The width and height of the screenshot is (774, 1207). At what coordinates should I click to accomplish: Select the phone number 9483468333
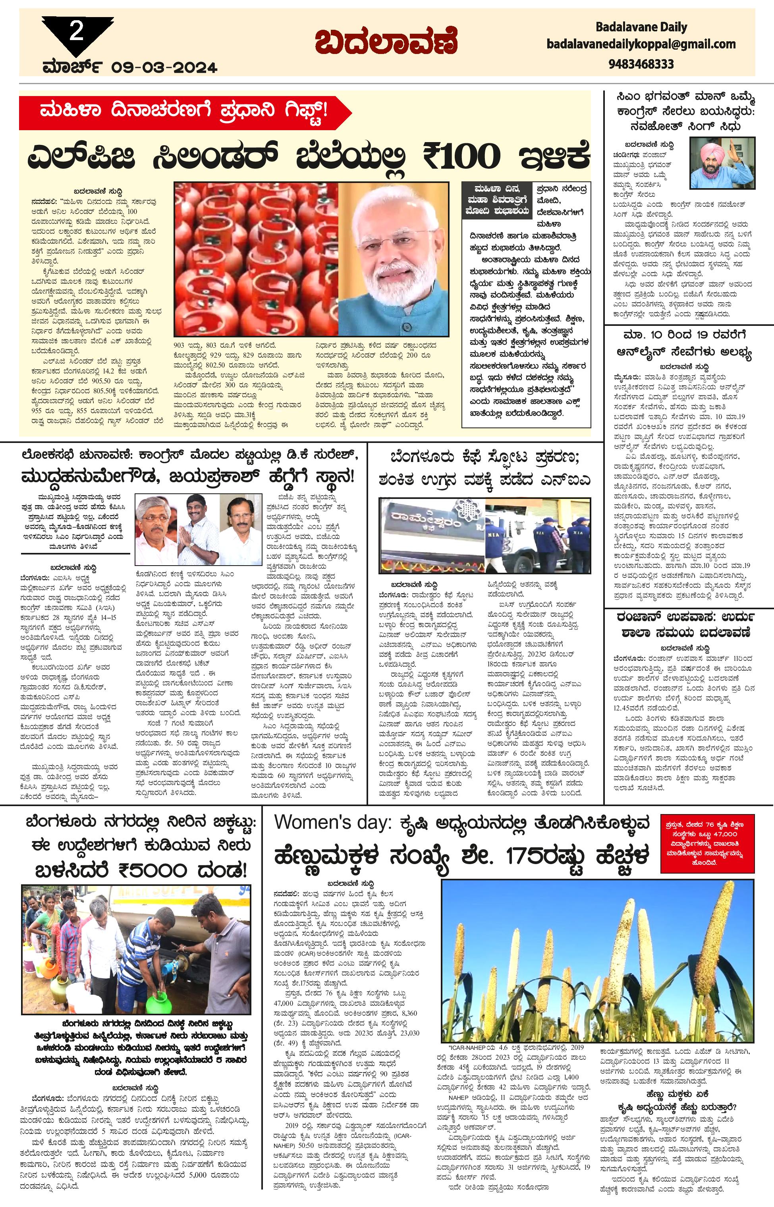tap(641, 64)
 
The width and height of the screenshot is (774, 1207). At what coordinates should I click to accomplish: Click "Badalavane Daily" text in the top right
tap(641, 27)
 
